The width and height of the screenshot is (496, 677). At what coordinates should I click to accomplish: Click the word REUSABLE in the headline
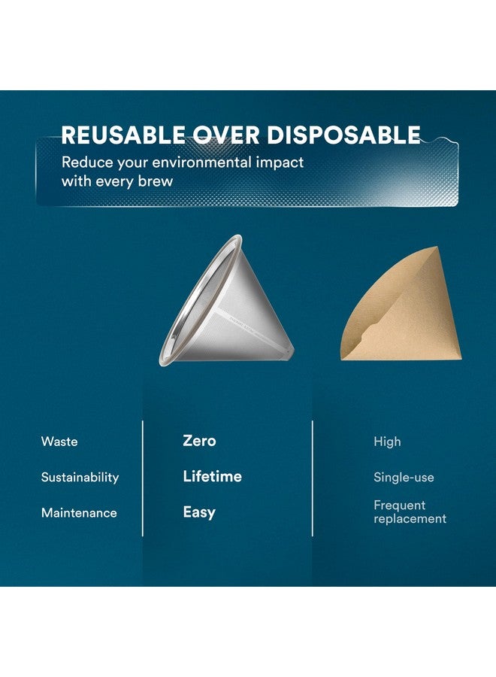pos(123,135)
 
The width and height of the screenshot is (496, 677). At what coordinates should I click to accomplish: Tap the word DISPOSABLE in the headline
pos(343,135)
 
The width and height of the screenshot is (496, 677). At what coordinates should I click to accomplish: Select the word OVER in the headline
pos(226,135)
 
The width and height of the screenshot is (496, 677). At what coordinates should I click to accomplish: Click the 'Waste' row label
pos(59,442)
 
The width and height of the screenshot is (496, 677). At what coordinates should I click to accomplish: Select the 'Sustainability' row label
pos(80,477)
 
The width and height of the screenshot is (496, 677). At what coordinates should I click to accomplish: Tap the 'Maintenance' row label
pos(79,513)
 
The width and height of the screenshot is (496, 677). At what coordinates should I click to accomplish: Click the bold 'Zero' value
pos(199,441)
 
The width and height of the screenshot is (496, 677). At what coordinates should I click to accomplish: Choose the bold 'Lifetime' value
pos(212,476)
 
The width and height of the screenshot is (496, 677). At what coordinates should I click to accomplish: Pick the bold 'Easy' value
pos(199,512)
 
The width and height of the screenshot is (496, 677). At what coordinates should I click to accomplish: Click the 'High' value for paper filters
pos(387,442)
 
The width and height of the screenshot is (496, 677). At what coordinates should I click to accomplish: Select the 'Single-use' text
pos(404,477)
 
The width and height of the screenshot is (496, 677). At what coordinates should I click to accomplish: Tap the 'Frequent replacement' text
pos(410,512)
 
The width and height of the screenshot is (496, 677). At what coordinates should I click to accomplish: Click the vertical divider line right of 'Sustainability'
pos(142,478)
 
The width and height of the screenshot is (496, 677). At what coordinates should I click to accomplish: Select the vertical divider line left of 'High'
pos(313,478)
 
